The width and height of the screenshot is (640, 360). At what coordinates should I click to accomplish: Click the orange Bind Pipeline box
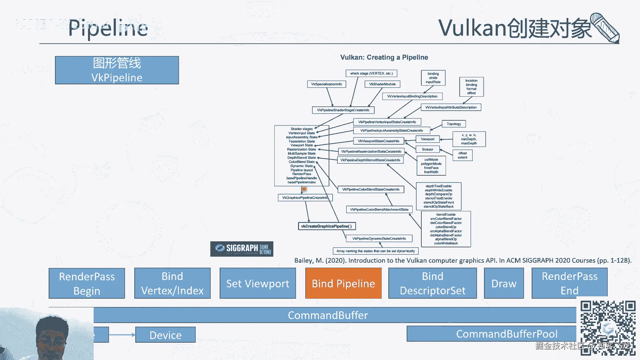click(x=343, y=283)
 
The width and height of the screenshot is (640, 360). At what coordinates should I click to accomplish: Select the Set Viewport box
click(x=258, y=283)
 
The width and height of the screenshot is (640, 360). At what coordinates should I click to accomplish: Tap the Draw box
click(x=504, y=283)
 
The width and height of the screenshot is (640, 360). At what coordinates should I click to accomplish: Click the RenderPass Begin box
click(x=87, y=283)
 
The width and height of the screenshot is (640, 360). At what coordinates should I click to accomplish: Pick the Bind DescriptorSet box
click(x=432, y=283)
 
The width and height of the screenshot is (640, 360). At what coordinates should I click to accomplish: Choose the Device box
click(x=165, y=335)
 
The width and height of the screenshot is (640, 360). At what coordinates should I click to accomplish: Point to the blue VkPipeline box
click(x=117, y=70)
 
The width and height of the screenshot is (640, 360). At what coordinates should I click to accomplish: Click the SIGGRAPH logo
click(x=242, y=249)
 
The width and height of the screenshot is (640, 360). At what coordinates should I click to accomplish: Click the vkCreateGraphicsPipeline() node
click(x=327, y=226)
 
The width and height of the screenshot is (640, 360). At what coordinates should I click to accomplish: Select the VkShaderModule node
click(x=382, y=84)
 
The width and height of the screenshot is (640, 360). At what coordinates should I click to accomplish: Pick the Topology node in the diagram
click(x=454, y=124)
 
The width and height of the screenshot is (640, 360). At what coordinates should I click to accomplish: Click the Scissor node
click(x=427, y=149)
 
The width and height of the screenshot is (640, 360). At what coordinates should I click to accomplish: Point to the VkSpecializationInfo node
click(x=326, y=84)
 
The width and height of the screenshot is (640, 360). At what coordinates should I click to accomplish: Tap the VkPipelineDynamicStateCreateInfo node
click(x=379, y=239)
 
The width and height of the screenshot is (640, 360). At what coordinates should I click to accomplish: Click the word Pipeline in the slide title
click(x=108, y=28)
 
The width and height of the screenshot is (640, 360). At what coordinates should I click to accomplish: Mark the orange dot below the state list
click(x=304, y=189)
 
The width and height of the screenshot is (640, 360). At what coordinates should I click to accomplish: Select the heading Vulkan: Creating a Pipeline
click(x=384, y=57)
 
